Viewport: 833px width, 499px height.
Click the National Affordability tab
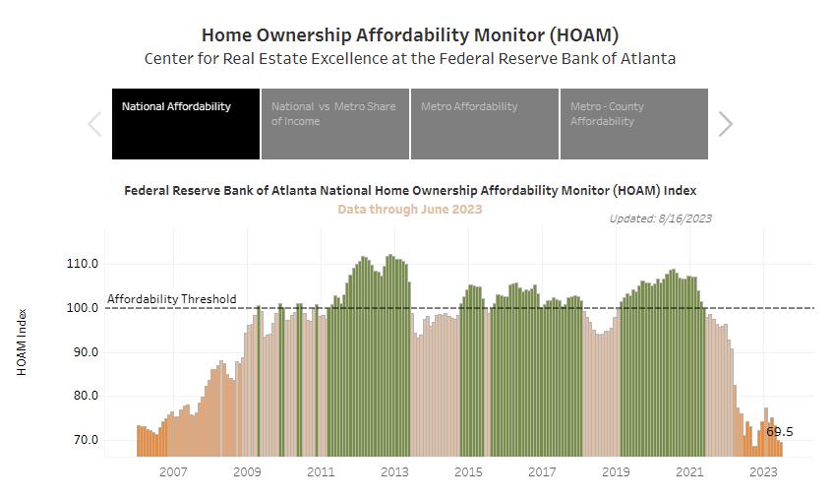186,123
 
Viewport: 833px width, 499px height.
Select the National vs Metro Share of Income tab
335,123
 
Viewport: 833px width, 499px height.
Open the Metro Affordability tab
485,123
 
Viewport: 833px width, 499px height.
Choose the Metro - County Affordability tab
634,123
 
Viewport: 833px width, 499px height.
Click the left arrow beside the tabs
95,124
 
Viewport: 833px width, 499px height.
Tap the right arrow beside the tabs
726,124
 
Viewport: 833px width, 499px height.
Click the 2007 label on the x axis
173,472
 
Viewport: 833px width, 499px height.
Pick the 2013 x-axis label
394,472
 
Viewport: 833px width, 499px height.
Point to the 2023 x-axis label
764,472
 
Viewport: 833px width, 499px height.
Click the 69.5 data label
779,432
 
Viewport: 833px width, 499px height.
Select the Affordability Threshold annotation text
172,299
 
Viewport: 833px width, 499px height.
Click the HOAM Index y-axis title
22,342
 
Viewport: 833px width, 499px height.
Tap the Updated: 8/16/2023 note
660,218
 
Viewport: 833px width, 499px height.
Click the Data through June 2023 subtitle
409,209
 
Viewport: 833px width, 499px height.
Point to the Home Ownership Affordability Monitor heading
409,35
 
